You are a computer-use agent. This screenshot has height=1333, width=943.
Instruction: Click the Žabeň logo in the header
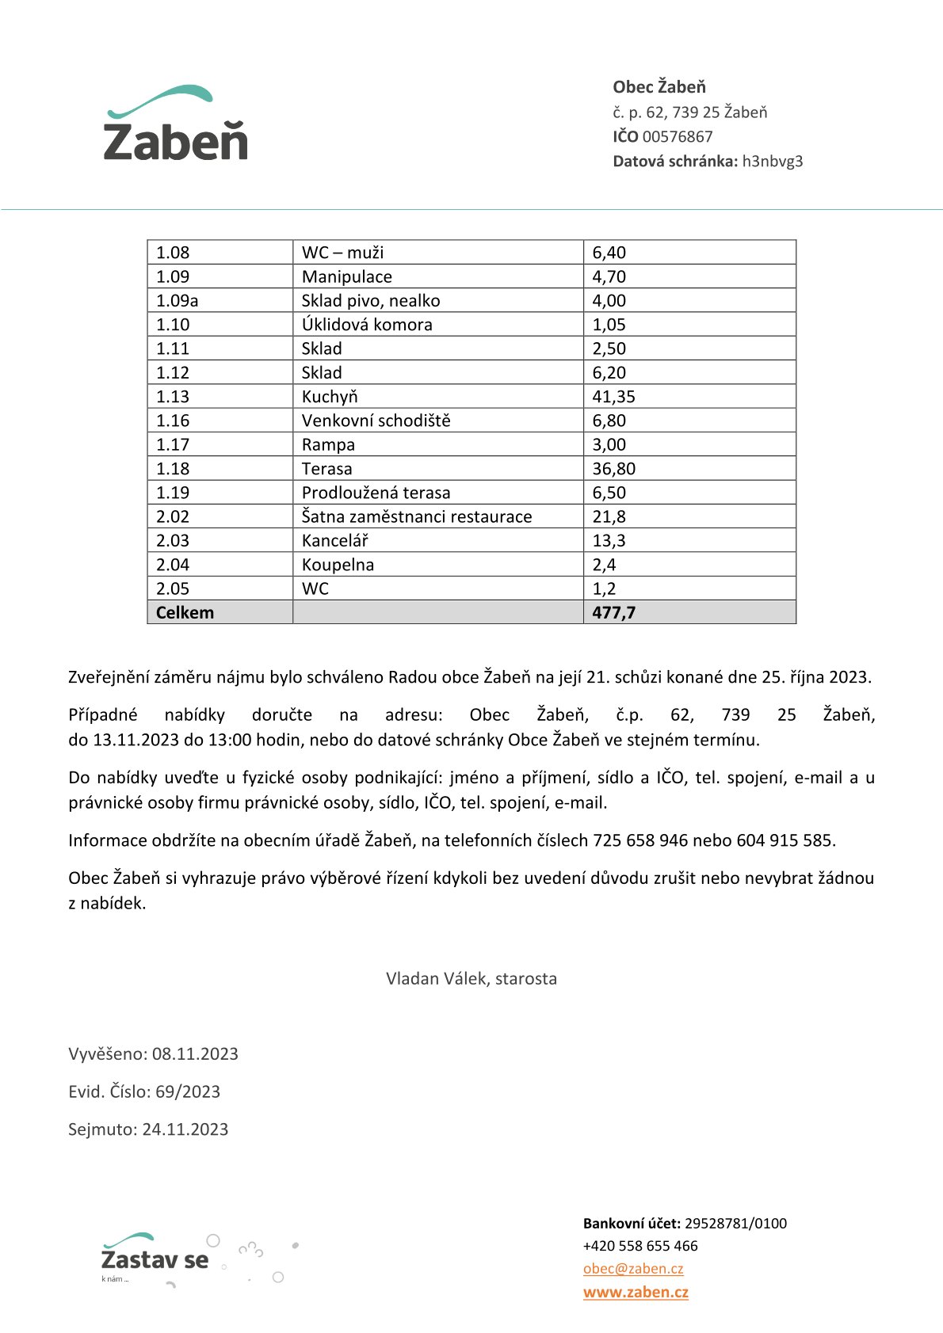[x=175, y=124]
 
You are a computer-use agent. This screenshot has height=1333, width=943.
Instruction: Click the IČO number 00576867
[x=678, y=137]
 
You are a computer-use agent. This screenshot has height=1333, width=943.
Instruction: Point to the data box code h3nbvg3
[x=773, y=162]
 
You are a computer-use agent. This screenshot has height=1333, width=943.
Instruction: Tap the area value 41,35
[x=614, y=397]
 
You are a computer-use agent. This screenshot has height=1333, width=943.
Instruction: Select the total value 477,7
[x=614, y=613]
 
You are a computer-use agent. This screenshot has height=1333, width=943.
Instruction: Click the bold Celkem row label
[x=185, y=613]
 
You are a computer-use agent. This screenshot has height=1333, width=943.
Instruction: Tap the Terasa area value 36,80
[x=614, y=469]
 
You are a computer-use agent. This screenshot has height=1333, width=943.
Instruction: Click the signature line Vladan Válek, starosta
[x=471, y=979]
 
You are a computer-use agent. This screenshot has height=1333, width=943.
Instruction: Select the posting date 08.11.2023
[x=195, y=1054]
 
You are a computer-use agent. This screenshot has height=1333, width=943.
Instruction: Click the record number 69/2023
[x=188, y=1092]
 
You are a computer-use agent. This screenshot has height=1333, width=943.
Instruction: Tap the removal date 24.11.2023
[x=185, y=1130]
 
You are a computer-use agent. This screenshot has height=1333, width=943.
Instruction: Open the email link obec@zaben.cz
[x=633, y=1269]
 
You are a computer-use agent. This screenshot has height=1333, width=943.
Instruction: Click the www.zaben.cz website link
[x=636, y=1293]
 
